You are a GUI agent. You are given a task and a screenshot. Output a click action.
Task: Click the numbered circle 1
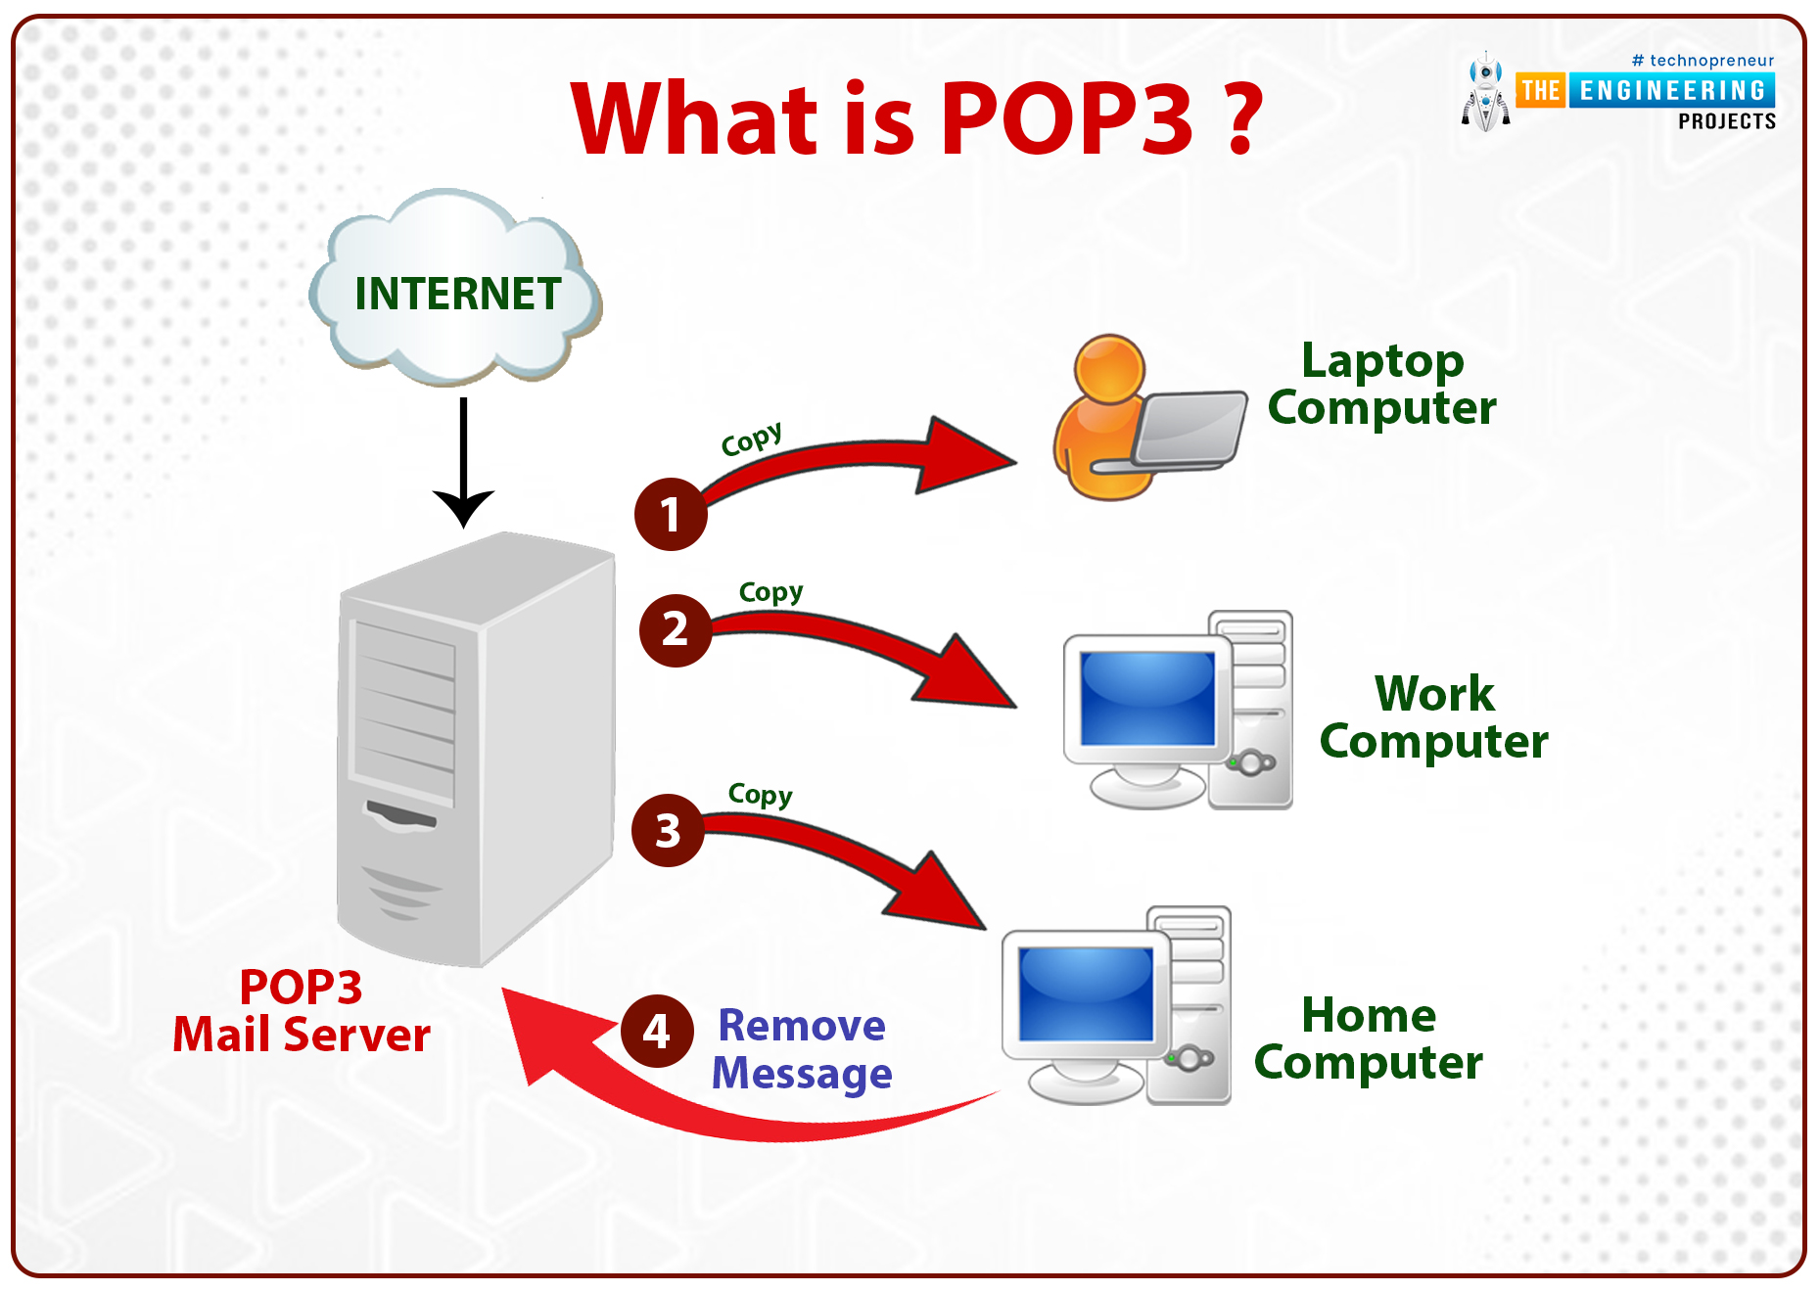tap(671, 514)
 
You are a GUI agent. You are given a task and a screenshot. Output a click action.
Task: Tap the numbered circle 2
tap(676, 630)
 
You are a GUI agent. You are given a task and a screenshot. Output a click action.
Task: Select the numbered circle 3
tap(668, 830)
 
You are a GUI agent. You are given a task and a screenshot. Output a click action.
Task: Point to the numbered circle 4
tap(657, 1031)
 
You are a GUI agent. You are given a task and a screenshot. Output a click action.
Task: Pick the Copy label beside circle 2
tap(770, 592)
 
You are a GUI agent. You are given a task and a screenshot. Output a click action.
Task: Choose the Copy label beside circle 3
tap(760, 795)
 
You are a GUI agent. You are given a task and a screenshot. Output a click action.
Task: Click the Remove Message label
tap(802, 1049)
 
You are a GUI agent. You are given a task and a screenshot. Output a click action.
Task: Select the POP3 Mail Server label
tap(302, 1010)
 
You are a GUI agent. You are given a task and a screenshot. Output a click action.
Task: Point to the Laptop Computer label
tap(1381, 385)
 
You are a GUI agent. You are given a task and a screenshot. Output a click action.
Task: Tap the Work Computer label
tap(1433, 717)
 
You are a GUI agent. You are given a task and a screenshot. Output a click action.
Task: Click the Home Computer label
tap(1369, 1039)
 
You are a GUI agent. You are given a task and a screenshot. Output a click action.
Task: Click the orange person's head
tap(1109, 369)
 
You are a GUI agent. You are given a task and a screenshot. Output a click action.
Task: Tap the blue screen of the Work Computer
tap(1147, 698)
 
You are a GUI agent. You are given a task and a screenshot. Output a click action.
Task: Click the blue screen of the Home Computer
tap(1086, 993)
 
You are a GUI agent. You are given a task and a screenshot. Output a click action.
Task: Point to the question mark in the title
tap(1242, 118)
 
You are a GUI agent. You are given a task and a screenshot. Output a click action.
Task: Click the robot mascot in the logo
tap(1486, 92)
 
